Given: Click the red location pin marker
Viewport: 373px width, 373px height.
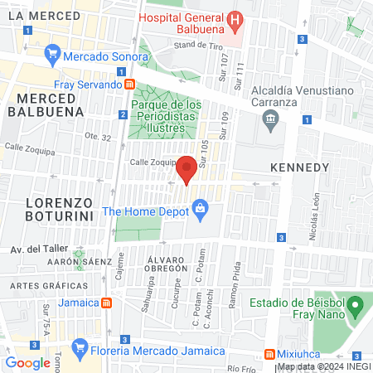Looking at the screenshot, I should [x=187, y=169].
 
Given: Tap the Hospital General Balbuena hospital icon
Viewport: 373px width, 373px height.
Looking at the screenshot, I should [x=235, y=19].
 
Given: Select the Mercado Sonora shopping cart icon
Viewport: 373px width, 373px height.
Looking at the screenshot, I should [x=54, y=58].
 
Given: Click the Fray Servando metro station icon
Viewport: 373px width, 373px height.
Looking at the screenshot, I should [x=129, y=84].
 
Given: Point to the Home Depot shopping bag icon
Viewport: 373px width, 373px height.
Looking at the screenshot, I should [x=201, y=211].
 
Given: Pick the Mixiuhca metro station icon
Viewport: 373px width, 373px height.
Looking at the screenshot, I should [x=269, y=354].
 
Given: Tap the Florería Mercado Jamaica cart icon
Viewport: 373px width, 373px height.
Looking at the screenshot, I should [x=80, y=346].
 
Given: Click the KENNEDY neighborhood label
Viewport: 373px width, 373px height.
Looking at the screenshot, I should [x=300, y=167].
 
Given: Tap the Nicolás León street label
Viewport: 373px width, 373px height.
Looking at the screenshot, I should [x=314, y=221].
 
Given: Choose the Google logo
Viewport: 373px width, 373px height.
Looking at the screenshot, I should [x=28, y=362].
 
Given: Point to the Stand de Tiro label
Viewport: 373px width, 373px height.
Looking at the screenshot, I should [x=194, y=44].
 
